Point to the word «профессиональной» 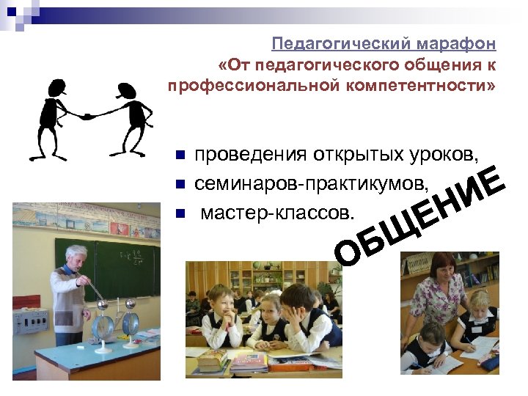coord(252,87)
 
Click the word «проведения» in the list coord(252,155)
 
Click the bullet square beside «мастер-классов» coord(180,213)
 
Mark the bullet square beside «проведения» coord(180,156)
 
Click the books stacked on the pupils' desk coord(213,359)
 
